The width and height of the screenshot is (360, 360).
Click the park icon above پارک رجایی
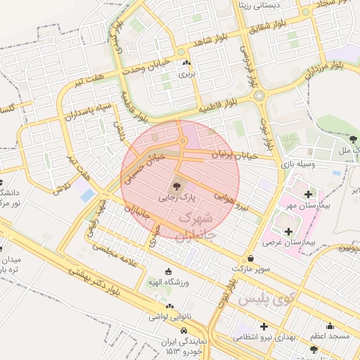coord(176,186)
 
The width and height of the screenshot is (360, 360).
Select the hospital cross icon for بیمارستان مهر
coord(308,193)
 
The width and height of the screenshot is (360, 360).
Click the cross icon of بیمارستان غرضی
coord(288,231)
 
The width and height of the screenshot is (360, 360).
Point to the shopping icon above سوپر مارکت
coord(251,257)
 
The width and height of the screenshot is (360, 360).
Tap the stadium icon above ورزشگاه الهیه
coord(167,271)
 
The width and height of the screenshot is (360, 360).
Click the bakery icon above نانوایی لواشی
coord(168,306)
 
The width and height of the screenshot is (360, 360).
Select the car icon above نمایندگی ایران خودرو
coord(184,330)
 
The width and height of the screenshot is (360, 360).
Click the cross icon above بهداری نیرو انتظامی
coord(264,326)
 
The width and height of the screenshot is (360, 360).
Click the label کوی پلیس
coord(263,298)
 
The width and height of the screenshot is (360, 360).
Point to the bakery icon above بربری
coord(186,63)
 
